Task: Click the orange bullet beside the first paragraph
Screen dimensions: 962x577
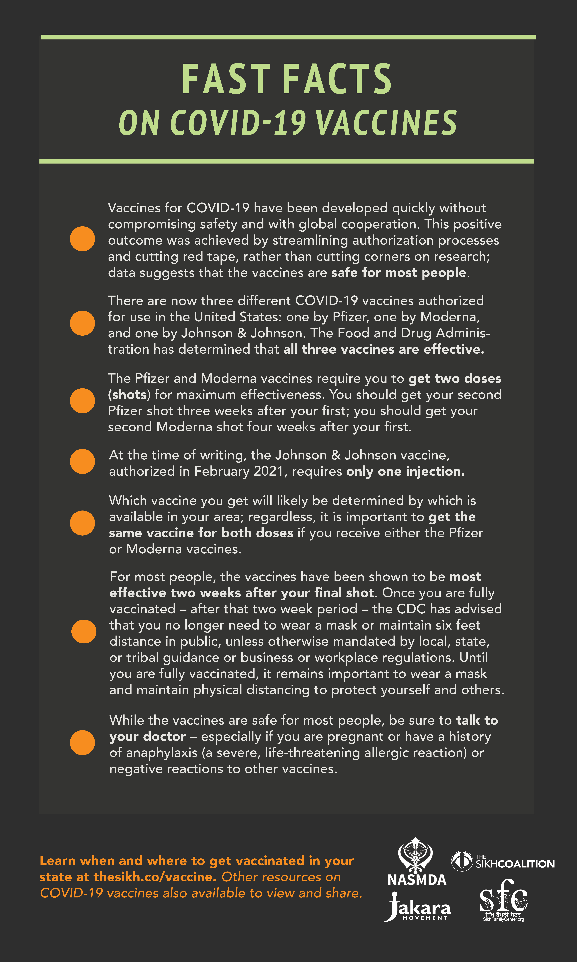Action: [82, 239]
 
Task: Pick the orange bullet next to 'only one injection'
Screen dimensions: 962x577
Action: [82, 462]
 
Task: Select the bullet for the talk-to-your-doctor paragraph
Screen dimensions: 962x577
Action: [82, 743]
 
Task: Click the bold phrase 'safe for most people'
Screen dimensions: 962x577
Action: [399, 273]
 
